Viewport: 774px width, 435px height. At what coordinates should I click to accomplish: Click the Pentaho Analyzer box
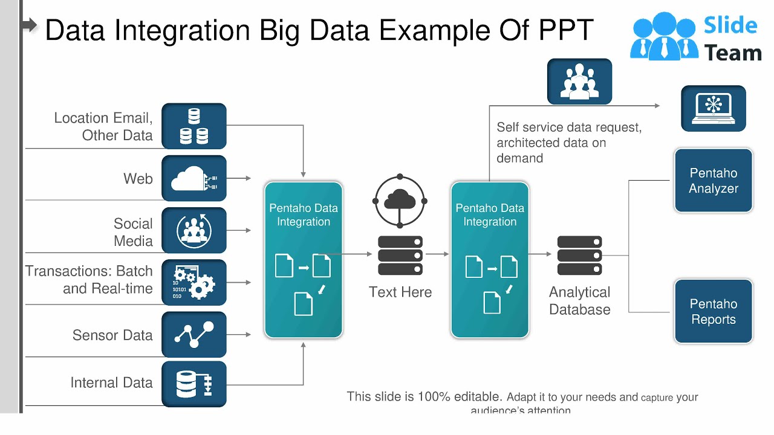click(714, 181)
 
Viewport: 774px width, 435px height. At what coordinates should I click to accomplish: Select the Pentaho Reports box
click(714, 311)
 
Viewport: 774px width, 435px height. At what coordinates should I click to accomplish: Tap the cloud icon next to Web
click(194, 178)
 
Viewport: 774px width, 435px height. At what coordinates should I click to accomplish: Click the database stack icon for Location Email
click(194, 126)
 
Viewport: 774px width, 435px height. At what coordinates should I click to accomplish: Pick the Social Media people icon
click(194, 230)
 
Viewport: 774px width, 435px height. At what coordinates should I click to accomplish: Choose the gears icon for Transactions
click(194, 282)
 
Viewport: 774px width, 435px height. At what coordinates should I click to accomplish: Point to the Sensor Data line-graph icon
click(194, 334)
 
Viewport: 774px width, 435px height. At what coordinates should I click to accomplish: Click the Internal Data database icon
click(194, 384)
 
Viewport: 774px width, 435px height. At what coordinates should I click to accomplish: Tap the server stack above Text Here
click(400, 256)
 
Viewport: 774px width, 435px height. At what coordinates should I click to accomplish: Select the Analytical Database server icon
click(579, 256)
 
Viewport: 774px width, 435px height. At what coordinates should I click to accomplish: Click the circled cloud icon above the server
click(400, 201)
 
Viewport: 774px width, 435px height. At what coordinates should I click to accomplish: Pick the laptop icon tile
click(714, 108)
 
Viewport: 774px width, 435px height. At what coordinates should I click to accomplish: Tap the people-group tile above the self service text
click(579, 82)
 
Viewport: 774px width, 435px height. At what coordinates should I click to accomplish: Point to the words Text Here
click(400, 292)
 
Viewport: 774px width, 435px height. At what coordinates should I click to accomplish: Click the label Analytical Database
click(579, 301)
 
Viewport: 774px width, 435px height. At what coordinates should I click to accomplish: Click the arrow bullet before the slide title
click(30, 25)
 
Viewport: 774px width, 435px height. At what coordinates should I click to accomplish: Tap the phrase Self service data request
click(568, 127)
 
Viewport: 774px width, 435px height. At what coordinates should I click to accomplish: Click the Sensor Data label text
click(112, 335)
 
